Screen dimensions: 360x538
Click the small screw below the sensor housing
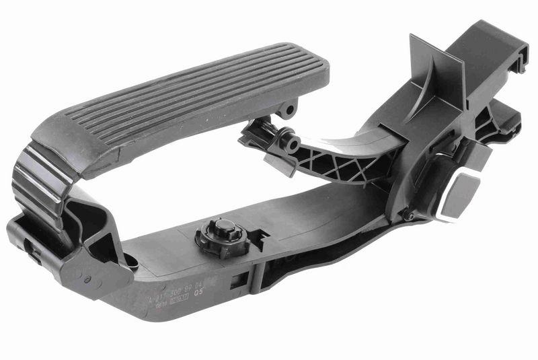pyautogui.click(x=407, y=217)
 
